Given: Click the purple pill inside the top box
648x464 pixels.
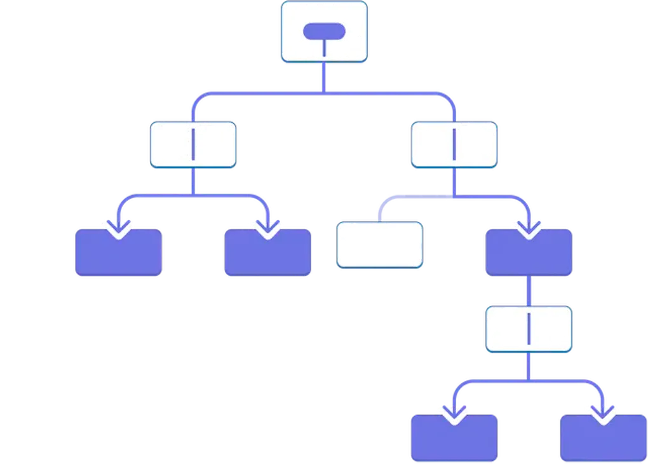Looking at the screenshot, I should tap(324, 31).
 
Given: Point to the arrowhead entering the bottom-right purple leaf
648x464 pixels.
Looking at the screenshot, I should tap(602, 414).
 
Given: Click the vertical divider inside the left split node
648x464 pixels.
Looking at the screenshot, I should tap(192, 145).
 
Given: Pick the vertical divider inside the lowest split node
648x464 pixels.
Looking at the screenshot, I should tap(529, 329).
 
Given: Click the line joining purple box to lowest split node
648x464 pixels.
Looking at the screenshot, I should tap(529, 292).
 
